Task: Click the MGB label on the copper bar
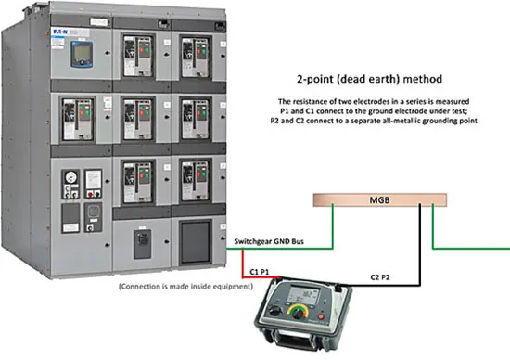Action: point(379,199)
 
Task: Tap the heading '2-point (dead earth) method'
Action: point(369,79)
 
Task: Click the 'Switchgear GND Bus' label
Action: point(269,241)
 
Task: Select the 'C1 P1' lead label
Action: point(260,272)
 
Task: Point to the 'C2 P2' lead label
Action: point(380,277)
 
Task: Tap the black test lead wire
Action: point(419,261)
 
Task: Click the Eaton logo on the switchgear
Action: point(60,32)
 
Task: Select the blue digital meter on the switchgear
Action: point(82,54)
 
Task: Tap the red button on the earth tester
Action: point(322,316)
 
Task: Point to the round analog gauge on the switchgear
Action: point(70,177)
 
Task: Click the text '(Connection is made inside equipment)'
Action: point(185,287)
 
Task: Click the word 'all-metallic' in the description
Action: point(384,121)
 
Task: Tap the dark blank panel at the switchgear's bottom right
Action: point(195,242)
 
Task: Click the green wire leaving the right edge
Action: point(471,249)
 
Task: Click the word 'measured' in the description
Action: point(453,101)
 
